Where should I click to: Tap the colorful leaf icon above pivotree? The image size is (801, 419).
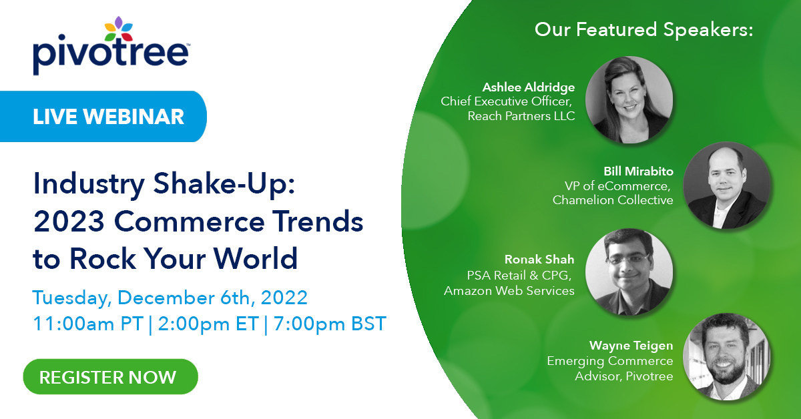(119, 29)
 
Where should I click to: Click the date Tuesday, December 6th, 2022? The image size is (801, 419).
(170, 297)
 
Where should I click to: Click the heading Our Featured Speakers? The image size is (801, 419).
(643, 30)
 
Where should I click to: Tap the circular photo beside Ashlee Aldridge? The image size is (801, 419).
(629, 99)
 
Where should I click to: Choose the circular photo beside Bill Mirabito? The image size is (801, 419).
(728, 185)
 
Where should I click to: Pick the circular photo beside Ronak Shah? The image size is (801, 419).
(629, 272)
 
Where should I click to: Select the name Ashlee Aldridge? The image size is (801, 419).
(529, 87)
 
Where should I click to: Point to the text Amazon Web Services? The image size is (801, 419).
(509, 291)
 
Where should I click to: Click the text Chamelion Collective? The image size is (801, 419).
(613, 200)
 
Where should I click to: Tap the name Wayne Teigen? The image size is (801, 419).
(631, 345)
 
